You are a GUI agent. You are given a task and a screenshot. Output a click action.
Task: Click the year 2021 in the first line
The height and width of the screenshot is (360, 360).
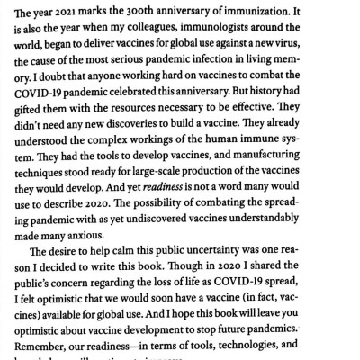point(78,12)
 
